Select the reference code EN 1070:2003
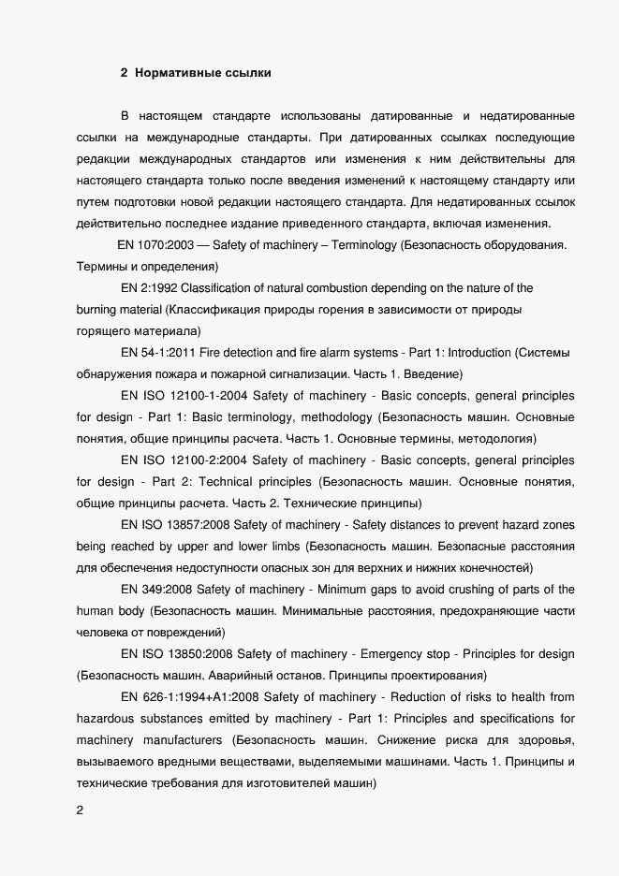point(157,245)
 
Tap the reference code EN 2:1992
point(151,288)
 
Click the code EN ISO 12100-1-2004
point(184,417)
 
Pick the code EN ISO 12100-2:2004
point(184,460)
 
